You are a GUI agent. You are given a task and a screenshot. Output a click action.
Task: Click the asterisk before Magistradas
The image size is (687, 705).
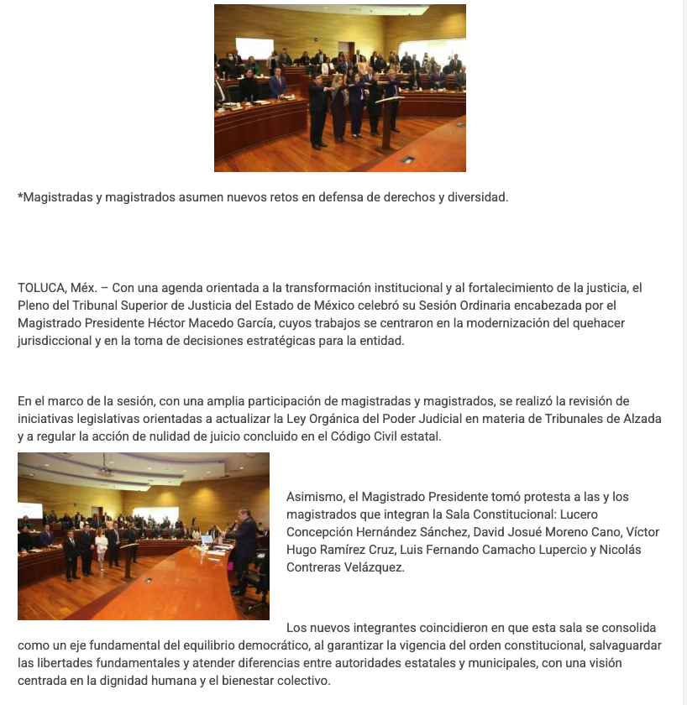(20, 196)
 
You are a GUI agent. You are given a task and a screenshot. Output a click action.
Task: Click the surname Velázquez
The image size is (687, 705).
(375, 568)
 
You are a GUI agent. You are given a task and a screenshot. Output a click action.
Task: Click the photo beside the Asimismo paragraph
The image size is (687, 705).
(144, 536)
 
